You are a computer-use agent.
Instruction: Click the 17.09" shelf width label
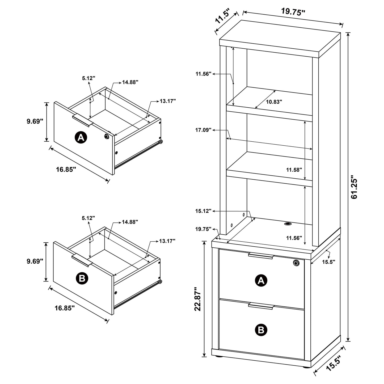coord(203,130)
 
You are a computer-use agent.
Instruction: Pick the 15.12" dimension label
coord(203,211)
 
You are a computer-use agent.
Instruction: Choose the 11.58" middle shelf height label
coord(294,170)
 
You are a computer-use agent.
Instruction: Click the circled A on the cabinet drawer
coord(261,280)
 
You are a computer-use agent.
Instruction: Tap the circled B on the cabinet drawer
coord(261,330)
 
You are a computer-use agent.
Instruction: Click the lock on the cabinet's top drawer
coord(296,263)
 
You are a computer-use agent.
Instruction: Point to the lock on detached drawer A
coord(106,136)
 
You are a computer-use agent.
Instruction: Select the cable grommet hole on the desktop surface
coord(288,224)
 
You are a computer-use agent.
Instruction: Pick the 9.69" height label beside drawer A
coord(35,121)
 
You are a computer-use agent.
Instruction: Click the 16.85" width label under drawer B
coord(65,308)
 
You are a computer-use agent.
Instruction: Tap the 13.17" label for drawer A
coord(168,101)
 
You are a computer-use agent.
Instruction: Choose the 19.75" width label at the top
coord(293,12)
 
